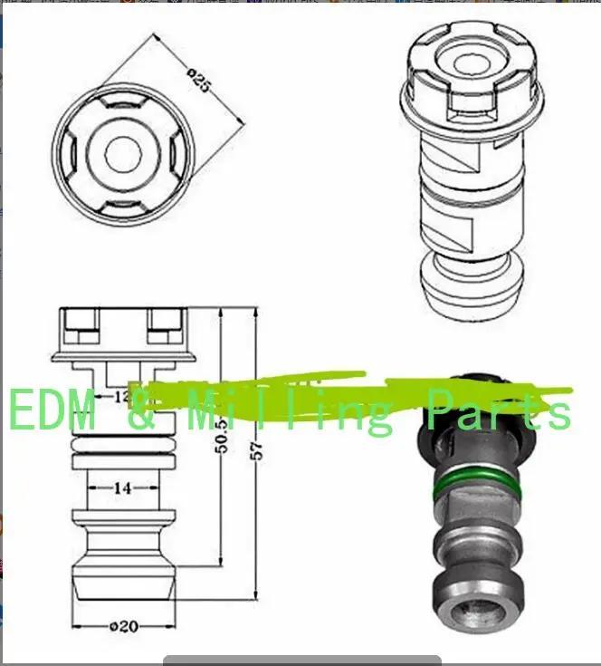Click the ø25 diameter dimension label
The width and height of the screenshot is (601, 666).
tap(200, 81)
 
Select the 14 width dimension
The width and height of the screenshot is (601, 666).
tap(123, 487)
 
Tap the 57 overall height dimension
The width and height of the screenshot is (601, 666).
tap(256, 449)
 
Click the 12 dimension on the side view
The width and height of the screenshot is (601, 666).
tap(121, 397)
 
